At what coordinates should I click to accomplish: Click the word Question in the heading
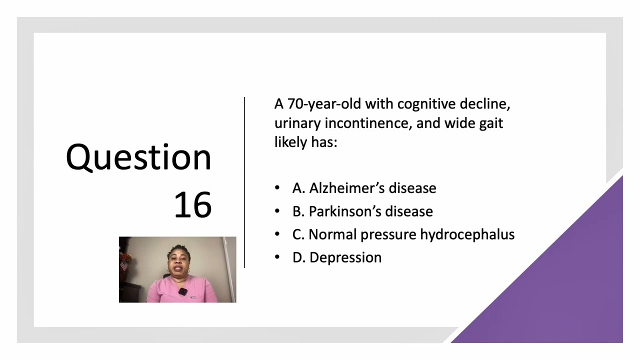[x=138, y=157]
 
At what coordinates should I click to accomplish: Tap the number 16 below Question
[x=192, y=204]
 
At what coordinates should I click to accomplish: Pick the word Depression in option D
[x=345, y=257]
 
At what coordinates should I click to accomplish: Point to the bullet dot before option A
[x=277, y=188]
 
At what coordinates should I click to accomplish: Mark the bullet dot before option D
[x=277, y=257]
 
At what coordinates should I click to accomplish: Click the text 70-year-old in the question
[x=324, y=104]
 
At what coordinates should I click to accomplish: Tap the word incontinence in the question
[x=368, y=123]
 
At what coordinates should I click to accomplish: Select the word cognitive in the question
[x=426, y=104]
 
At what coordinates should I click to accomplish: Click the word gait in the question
[x=490, y=123]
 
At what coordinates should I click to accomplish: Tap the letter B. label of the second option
[x=298, y=211]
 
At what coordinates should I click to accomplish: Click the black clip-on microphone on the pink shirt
[x=183, y=291]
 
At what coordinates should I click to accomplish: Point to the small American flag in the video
[x=123, y=266]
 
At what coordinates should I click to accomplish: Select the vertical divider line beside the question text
[x=244, y=182]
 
